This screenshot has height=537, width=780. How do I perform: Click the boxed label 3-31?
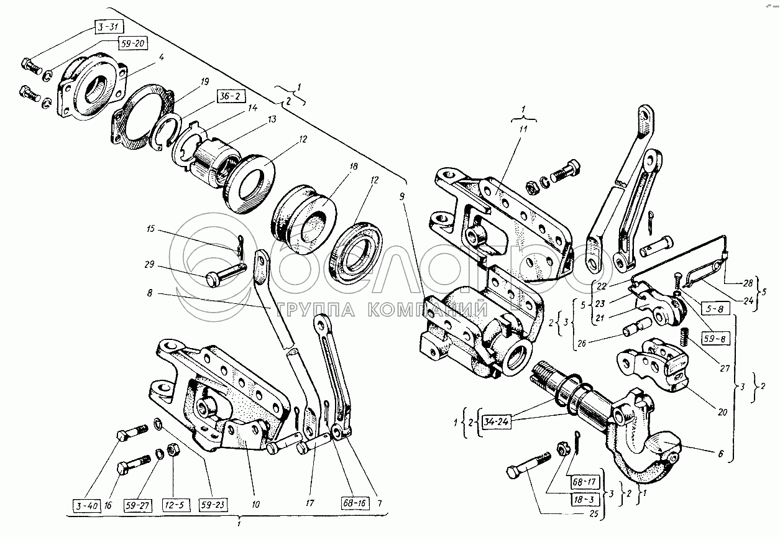coord(109,27)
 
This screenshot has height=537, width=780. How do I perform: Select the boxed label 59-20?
coord(132,44)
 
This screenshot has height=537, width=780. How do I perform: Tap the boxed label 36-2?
coord(231,96)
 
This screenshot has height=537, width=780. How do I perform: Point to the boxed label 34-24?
coord(496,422)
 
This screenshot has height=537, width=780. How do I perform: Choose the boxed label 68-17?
coord(585,482)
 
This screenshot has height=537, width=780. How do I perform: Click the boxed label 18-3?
coord(585,500)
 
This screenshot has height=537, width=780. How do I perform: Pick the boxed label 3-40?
coord(87,506)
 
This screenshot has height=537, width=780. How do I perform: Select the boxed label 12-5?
coord(177,505)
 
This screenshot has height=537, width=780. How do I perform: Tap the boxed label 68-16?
coord(354,503)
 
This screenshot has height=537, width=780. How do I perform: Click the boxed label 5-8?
coord(715,308)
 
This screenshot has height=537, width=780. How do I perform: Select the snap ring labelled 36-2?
coord(167,132)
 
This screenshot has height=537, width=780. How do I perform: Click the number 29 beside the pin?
coord(149,265)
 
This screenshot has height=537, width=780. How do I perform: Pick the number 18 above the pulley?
coord(354,166)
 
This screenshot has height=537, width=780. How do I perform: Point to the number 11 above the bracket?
coord(523,129)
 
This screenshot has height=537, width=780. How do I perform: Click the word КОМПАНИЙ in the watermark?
coord(427,310)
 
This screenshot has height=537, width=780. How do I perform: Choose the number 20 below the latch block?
coord(723,412)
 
